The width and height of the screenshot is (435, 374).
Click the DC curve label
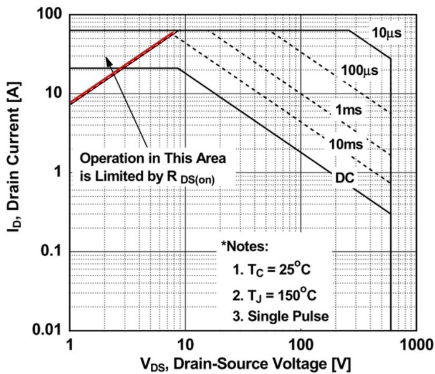pyautogui.click(x=344, y=178)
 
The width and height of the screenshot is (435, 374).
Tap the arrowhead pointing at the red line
pyautogui.click(x=108, y=60)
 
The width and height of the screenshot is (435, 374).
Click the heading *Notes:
pyautogui.click(x=244, y=246)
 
